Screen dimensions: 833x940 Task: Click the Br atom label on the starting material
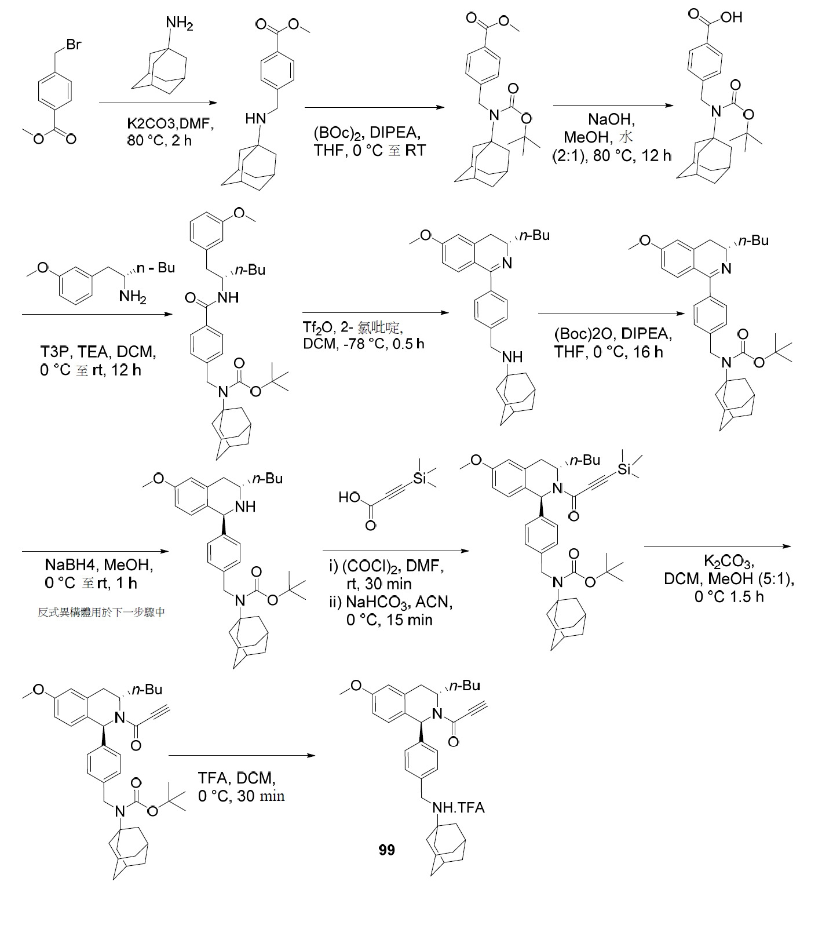[x=74, y=45]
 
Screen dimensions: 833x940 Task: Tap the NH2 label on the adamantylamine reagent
[x=180, y=24]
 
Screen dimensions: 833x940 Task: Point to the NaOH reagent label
[x=611, y=120]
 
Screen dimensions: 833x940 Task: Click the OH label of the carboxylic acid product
[x=732, y=17]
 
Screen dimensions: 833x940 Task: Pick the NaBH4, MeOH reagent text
[x=99, y=564]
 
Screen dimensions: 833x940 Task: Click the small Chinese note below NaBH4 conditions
[x=101, y=612]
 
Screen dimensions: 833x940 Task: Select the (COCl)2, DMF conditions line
[x=386, y=566]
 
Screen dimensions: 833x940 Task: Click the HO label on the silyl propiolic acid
[x=350, y=497]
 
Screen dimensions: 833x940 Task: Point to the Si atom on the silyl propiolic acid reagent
[x=421, y=479]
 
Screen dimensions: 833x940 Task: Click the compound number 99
[x=387, y=850]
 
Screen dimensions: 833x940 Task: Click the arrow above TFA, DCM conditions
[x=242, y=756]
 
